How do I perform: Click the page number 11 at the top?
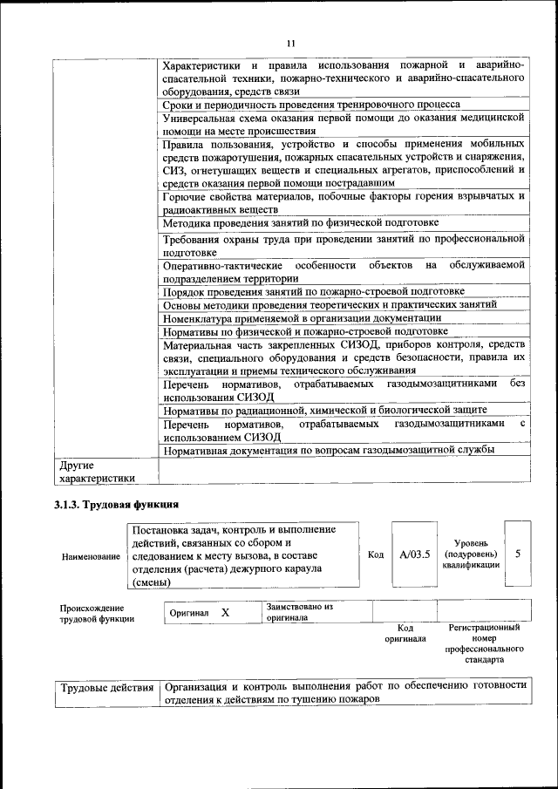click(x=290, y=43)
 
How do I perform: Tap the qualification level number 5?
click(x=518, y=554)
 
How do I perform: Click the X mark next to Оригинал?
click(x=225, y=613)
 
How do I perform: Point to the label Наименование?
click(x=91, y=556)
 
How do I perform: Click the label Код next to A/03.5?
click(x=376, y=554)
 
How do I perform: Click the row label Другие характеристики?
click(x=96, y=472)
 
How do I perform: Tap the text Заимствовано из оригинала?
click(x=301, y=610)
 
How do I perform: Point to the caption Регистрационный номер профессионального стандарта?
click(x=484, y=643)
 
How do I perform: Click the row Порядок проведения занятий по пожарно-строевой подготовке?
click(x=313, y=291)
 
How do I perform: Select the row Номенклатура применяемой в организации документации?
click(x=302, y=318)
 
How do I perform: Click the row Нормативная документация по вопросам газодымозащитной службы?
click(x=329, y=450)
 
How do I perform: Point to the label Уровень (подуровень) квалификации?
click(x=471, y=554)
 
